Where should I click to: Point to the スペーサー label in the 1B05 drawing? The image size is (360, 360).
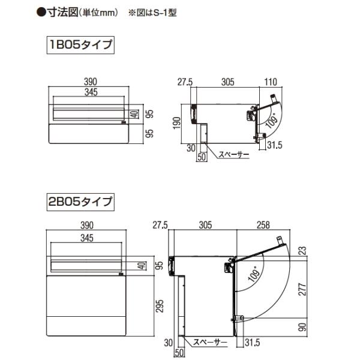pos(233,155)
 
